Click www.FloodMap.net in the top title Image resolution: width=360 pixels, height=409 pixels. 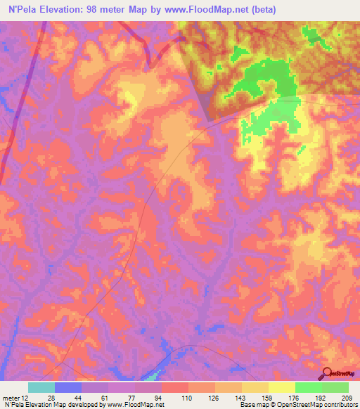pyautogui.click(x=212, y=10)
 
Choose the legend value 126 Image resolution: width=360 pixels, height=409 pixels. pyautogui.click(x=213, y=398)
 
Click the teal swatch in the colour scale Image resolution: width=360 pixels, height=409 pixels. pyautogui.click(x=41, y=387)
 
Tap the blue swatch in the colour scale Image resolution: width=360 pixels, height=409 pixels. pyautogui.click(x=68, y=387)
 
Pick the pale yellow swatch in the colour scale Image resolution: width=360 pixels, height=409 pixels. pyautogui.click(x=281, y=387)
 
